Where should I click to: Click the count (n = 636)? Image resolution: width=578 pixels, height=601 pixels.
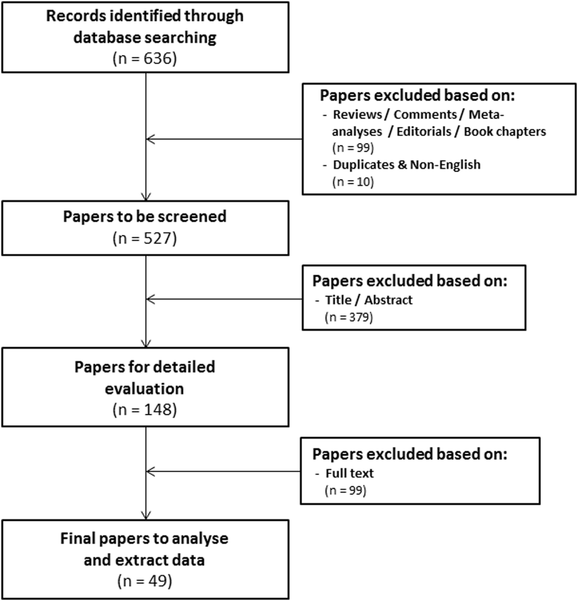click(145, 58)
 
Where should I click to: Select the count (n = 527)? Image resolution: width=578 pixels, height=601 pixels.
click(145, 239)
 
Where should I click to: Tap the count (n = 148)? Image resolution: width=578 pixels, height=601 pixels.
click(145, 409)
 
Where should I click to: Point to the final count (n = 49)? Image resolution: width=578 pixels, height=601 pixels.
click(145, 581)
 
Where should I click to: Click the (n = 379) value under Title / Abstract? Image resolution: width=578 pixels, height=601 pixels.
click(349, 317)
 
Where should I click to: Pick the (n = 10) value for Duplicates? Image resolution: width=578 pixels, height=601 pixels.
click(353, 181)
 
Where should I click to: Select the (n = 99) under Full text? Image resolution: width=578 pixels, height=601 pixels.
click(346, 490)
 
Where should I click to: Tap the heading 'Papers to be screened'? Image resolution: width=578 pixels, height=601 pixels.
click(145, 216)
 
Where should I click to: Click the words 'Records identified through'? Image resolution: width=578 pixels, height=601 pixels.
click(145, 16)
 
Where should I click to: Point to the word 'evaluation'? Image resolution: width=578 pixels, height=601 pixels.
click(145, 389)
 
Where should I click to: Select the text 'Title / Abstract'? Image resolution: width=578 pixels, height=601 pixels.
click(368, 300)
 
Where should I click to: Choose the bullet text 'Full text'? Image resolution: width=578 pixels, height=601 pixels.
click(349, 473)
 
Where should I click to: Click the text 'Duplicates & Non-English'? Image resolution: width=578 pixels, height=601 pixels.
click(407, 164)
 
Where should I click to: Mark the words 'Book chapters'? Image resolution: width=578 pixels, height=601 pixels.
click(505, 132)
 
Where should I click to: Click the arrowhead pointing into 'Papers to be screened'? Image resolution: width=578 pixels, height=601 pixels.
click(146, 197)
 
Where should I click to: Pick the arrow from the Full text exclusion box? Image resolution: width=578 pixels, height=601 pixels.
click(222, 471)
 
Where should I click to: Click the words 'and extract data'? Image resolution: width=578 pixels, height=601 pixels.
click(145, 560)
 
